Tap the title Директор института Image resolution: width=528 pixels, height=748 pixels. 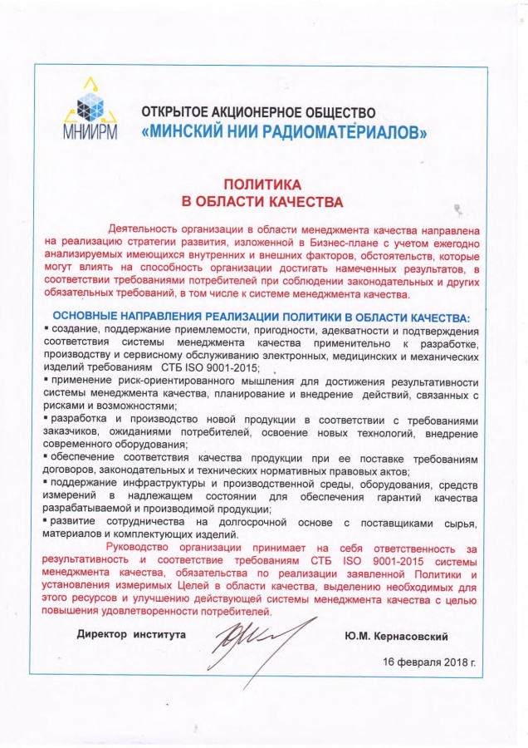(x=131, y=634)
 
